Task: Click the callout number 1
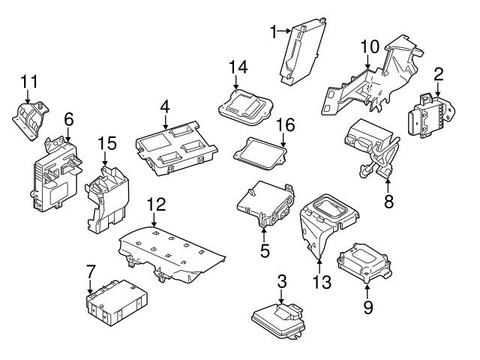(274, 31)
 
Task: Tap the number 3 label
(282, 282)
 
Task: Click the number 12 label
(154, 203)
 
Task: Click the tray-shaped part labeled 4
(176, 148)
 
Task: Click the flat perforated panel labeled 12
(172, 251)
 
